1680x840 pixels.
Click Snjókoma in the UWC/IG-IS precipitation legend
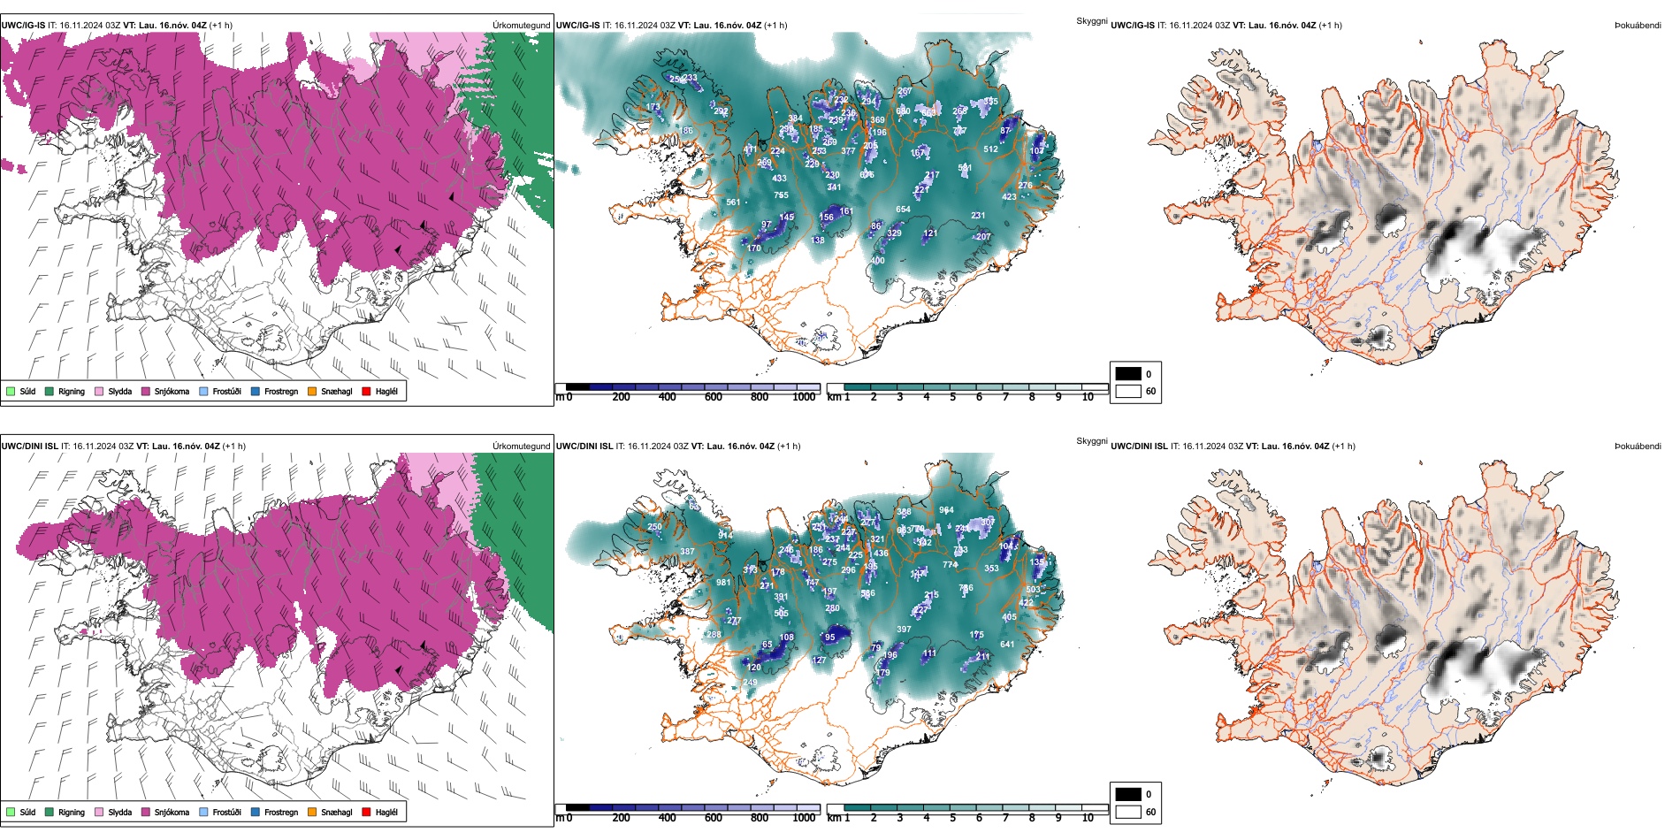pyautogui.click(x=172, y=392)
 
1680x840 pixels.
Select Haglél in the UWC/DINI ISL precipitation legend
pyautogui.click(x=386, y=813)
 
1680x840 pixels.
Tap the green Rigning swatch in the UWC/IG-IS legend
pyautogui.click(x=50, y=392)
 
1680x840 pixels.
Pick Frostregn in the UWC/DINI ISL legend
pyautogui.click(x=281, y=813)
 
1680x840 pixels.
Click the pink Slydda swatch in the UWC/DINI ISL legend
pyautogui.click(x=99, y=813)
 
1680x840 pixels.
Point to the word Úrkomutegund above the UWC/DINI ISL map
pyautogui.click(x=522, y=447)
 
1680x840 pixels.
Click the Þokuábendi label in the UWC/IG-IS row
pyautogui.click(x=1638, y=26)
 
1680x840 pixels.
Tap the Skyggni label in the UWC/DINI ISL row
pyautogui.click(x=1091, y=441)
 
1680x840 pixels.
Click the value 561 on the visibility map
pyautogui.click(x=733, y=202)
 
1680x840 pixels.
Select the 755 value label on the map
pyautogui.click(x=781, y=195)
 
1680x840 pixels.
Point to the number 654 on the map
pyautogui.click(x=903, y=210)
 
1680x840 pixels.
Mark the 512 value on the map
pyautogui.click(x=990, y=149)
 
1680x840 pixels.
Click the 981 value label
pyautogui.click(x=723, y=583)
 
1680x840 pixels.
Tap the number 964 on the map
pyautogui.click(x=946, y=510)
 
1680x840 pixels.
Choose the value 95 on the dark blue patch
pyautogui.click(x=829, y=638)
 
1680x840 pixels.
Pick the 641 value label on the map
pyautogui.click(x=1007, y=645)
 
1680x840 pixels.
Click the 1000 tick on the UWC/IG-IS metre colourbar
pyautogui.click(x=804, y=398)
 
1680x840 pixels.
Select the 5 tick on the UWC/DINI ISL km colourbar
pyautogui.click(x=952, y=818)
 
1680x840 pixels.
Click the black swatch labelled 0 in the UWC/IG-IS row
pyautogui.click(x=1128, y=374)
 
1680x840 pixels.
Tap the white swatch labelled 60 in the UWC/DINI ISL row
pyautogui.click(x=1128, y=812)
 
